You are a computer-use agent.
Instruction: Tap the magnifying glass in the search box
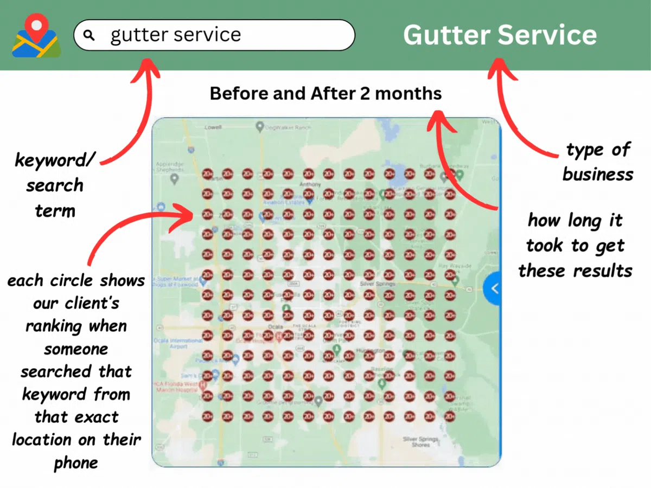pos(90,36)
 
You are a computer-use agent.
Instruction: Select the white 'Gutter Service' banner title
pos(500,35)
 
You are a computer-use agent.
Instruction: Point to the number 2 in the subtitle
pos(365,94)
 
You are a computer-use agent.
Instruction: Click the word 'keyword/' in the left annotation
pos(55,160)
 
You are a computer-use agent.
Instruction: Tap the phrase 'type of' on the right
pos(598,150)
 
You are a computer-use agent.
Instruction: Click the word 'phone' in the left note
pos(76,463)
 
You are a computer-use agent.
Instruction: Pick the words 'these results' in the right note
pos(575,270)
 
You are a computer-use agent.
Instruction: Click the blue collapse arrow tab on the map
pos(493,288)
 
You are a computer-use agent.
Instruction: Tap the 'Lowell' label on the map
pos(213,127)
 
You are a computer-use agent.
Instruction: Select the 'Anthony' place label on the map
pos(310,184)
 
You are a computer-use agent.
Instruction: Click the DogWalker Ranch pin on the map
pos(260,127)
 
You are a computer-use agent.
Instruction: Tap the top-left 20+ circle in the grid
pos(207,174)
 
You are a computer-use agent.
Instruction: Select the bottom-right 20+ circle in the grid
pos(450,416)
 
